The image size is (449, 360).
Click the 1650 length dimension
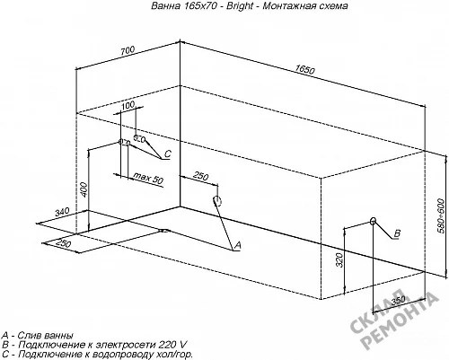304,70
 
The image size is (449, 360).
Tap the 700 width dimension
128,50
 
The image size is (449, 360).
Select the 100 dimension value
128,105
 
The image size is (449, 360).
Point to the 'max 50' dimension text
148,178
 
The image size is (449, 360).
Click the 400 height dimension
84,189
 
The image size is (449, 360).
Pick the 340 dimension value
62,212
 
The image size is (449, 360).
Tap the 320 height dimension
339,259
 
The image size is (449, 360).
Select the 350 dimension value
398,300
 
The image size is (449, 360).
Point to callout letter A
237,245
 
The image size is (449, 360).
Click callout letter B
397,233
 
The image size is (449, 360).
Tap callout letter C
168,154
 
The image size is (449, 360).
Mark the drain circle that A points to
217,201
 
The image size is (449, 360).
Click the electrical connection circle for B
373,221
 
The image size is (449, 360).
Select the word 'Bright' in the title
240,5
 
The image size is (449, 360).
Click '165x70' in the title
198,5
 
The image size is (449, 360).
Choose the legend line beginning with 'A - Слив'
37,335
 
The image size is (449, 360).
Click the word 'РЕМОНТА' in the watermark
402,323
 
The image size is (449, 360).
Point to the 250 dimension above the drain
200,176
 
